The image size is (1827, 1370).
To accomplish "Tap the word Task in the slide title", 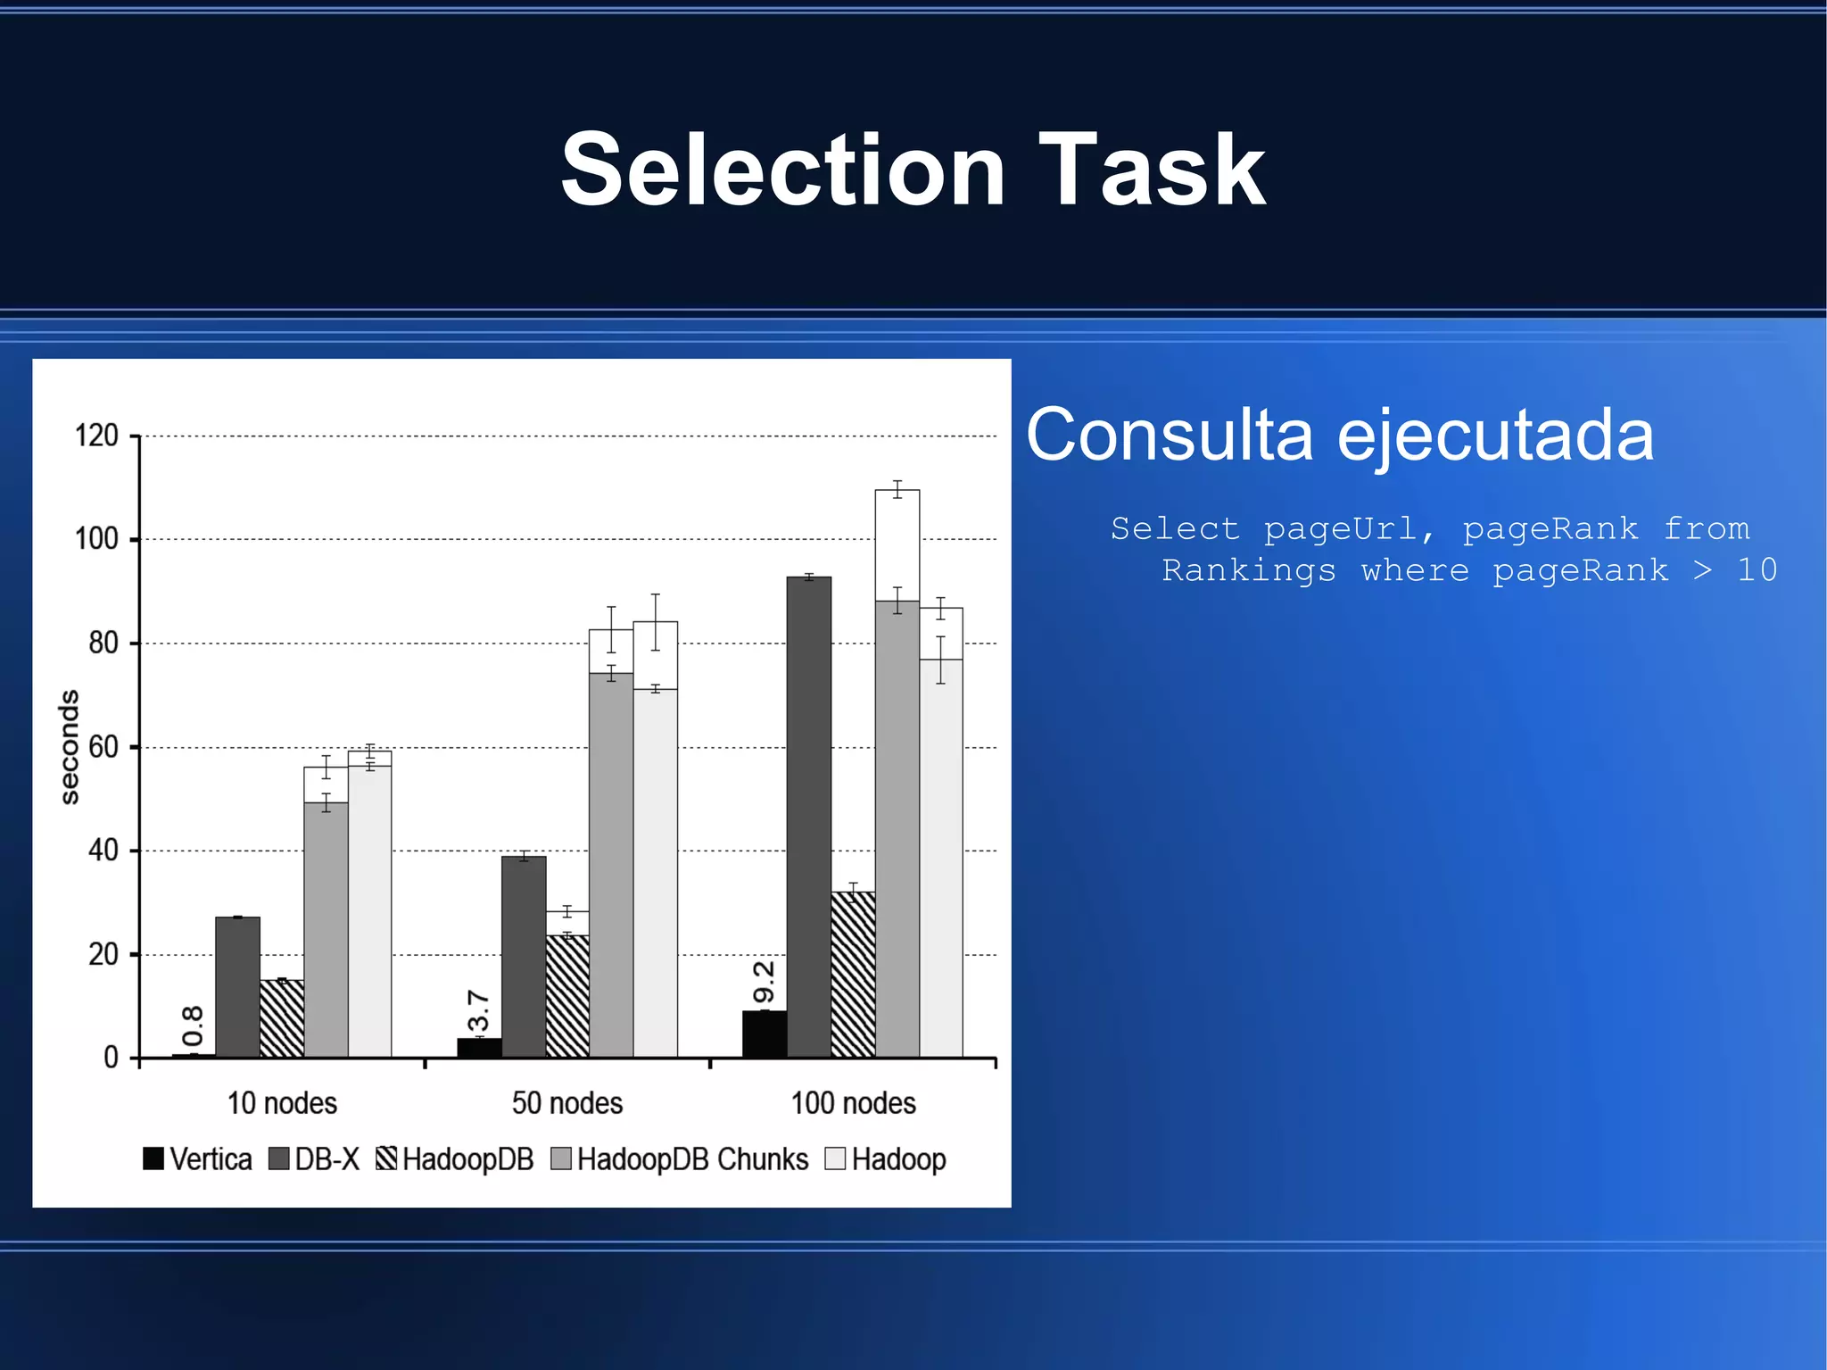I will coord(1152,170).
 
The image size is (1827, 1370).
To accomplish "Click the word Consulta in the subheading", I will coord(1170,435).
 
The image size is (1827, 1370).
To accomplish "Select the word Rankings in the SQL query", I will coord(1248,570).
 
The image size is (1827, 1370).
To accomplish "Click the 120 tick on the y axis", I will coord(97,436).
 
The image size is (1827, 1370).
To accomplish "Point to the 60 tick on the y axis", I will coord(103,747).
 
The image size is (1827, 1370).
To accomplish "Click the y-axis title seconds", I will coord(69,747).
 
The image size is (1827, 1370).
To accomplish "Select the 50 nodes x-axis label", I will coord(567,1103).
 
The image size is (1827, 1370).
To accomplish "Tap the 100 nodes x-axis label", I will coord(853,1103).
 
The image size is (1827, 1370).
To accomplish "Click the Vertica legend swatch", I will coord(153,1158).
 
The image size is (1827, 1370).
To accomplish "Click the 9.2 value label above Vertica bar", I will coord(764,982).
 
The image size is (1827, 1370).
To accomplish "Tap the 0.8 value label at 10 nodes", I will coord(193,1026).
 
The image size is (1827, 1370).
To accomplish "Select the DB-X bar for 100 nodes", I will coord(809,817).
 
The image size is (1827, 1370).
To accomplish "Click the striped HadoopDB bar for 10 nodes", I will coord(282,1019).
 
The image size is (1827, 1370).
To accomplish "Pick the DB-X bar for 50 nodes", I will coord(524,957).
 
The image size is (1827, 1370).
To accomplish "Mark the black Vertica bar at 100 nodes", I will coord(765,1034).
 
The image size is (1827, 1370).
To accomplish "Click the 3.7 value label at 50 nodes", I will coord(478,1010).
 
